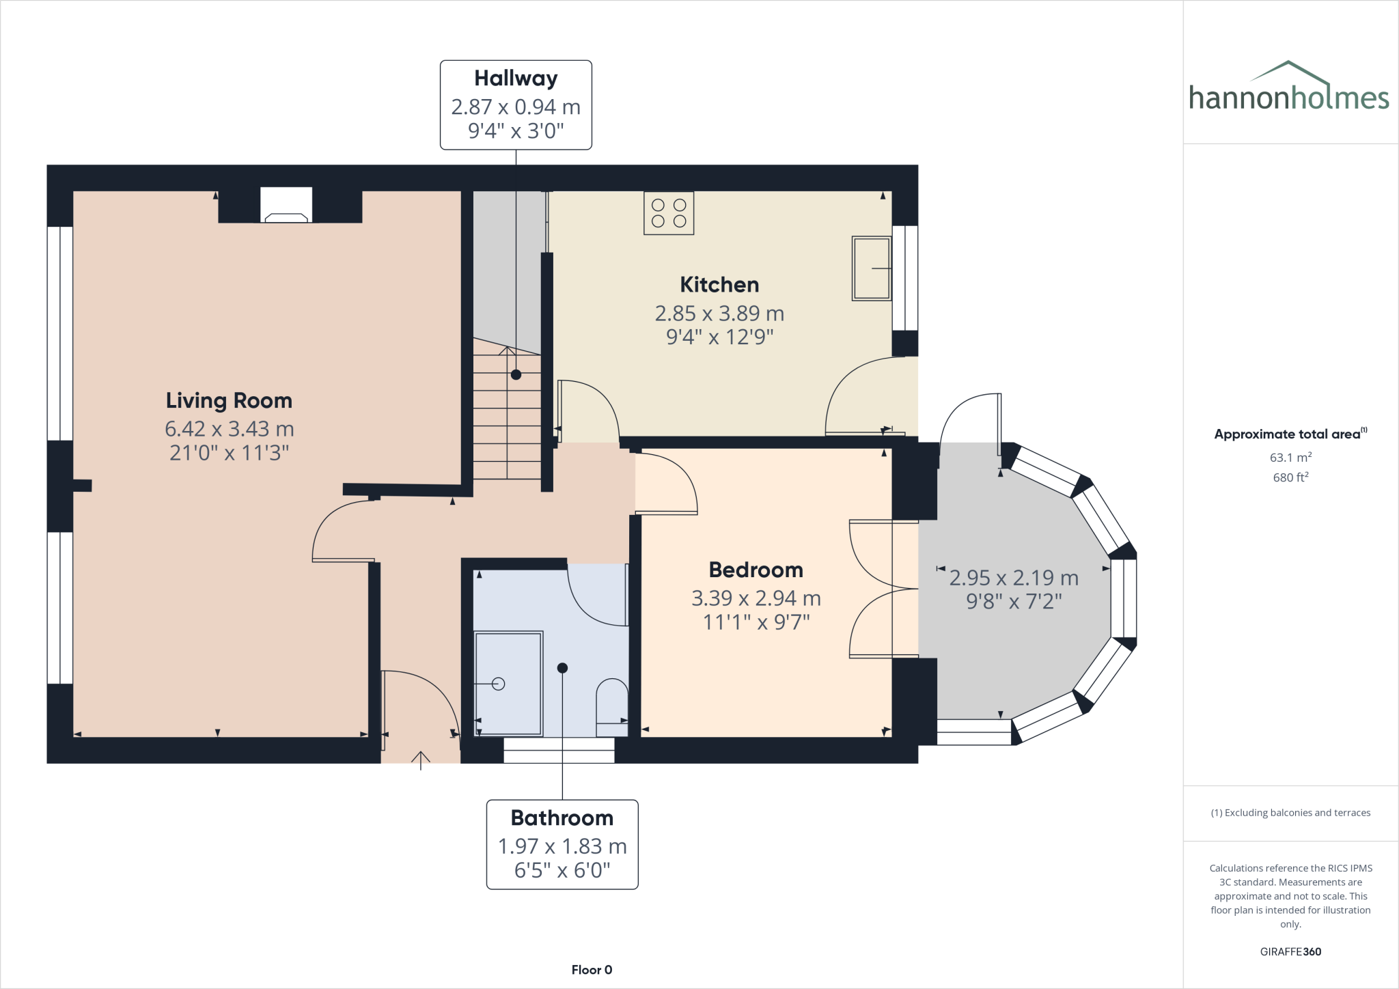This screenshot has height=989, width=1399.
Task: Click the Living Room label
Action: tap(229, 400)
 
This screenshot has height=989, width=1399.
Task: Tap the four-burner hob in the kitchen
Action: tap(669, 213)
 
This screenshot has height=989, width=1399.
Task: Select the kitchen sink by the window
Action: tap(872, 268)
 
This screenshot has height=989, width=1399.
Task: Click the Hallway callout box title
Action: tap(516, 79)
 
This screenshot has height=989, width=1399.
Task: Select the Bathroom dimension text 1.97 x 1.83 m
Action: tap(562, 846)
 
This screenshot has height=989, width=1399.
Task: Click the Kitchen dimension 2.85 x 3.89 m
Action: tap(719, 314)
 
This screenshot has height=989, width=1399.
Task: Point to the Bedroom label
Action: tap(756, 570)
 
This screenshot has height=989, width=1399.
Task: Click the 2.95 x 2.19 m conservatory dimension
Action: tap(1014, 578)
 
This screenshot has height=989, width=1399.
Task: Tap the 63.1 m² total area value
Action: tap(1290, 458)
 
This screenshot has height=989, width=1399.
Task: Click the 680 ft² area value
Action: tap(1290, 477)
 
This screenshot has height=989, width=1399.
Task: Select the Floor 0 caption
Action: tap(592, 970)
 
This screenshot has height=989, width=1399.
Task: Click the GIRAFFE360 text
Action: tap(1290, 951)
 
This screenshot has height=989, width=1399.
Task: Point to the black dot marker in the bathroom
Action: tap(562, 668)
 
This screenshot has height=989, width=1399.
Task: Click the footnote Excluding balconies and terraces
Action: tap(1290, 813)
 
